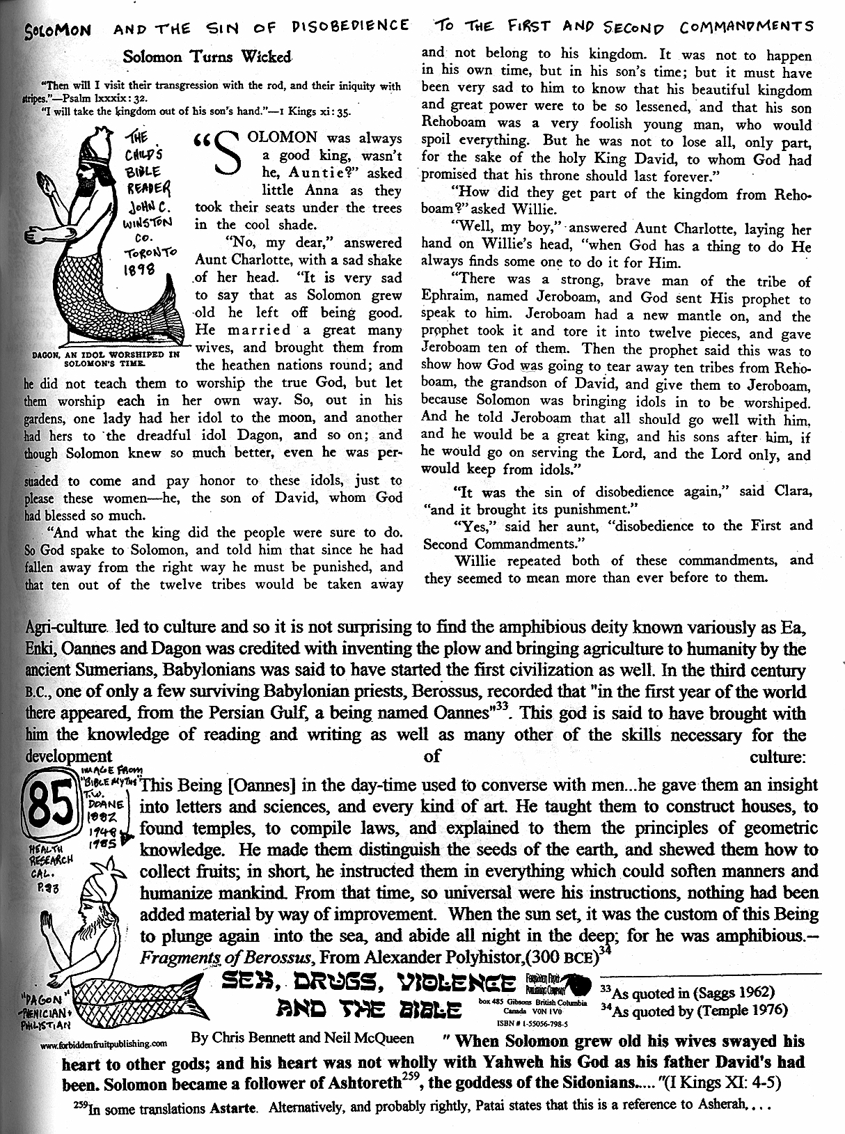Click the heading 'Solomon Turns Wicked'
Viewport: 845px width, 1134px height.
click(x=207, y=56)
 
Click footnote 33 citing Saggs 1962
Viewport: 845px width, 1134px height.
click(x=686, y=992)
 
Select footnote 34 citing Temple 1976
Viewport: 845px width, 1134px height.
click(x=693, y=1010)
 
